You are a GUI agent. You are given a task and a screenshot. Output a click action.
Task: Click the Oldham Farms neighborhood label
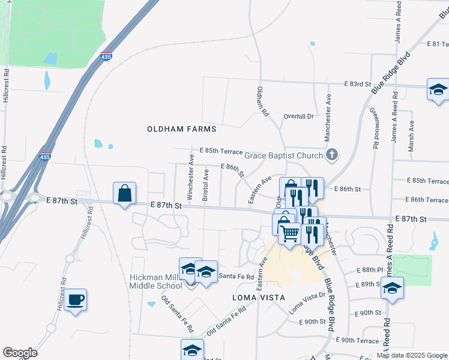click(x=181, y=129)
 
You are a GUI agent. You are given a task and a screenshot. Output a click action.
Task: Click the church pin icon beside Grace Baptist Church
click(x=331, y=156)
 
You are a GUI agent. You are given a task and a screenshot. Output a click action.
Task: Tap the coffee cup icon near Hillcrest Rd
click(x=76, y=299)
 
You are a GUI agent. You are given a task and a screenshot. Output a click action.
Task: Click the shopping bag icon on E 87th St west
click(x=124, y=193)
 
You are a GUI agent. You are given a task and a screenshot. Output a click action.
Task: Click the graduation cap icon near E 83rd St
click(x=438, y=90)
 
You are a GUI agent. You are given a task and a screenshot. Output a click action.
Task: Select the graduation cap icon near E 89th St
click(x=392, y=288)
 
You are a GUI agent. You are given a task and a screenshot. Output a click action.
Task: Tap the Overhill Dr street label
click(x=298, y=116)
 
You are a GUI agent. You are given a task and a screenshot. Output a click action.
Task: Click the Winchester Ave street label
click(x=190, y=177)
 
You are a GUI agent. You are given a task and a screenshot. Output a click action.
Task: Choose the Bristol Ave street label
click(x=206, y=184)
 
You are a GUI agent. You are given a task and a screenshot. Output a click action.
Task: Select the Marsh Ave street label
click(x=412, y=136)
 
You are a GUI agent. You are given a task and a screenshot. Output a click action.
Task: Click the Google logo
click(x=20, y=353)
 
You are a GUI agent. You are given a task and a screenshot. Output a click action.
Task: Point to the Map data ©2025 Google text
click(x=411, y=355)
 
